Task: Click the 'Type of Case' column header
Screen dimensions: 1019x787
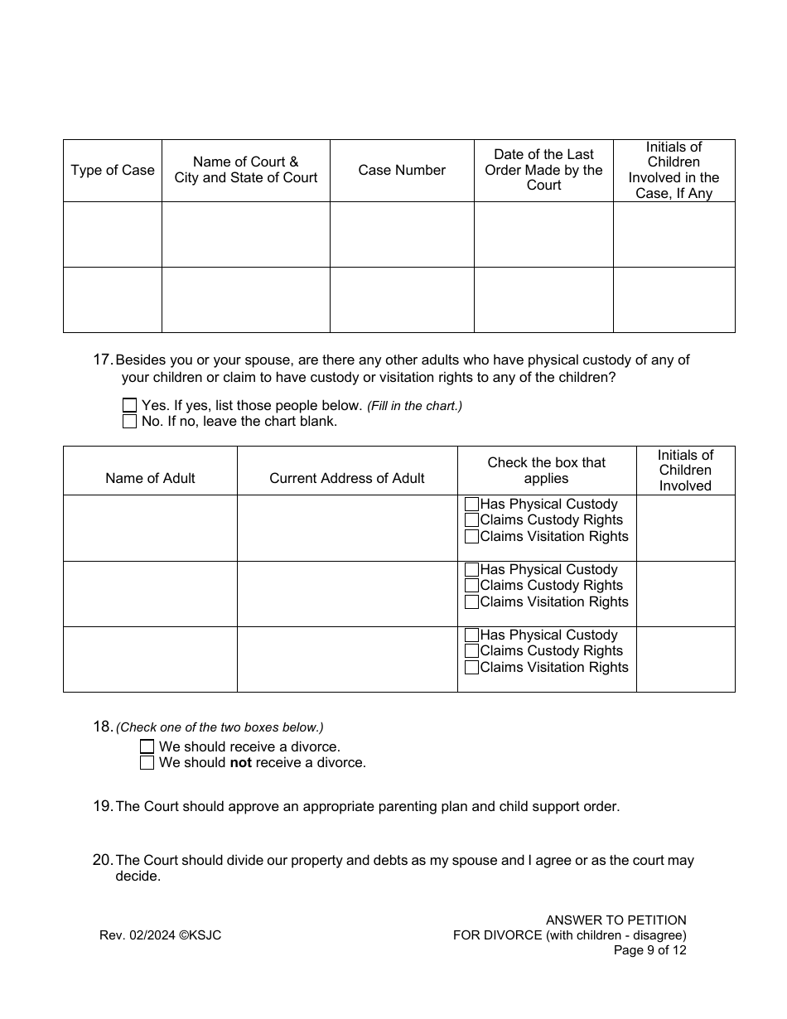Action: tap(113, 170)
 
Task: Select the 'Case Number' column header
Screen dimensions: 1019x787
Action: tap(402, 170)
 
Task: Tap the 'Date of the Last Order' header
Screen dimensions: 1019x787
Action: tap(543, 170)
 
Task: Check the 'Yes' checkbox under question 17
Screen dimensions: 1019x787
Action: tap(129, 406)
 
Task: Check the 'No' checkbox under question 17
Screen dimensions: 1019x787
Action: tap(129, 421)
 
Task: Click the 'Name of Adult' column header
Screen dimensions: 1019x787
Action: tap(150, 478)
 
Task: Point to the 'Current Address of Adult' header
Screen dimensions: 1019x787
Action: tap(346, 478)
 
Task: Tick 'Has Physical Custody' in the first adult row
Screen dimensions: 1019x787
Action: tap(472, 504)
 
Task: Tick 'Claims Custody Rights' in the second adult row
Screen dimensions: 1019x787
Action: tap(472, 586)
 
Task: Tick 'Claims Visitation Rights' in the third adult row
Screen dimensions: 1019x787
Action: tap(472, 667)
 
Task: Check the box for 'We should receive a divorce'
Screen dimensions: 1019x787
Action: tap(147, 746)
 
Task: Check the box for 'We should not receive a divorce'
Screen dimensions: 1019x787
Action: tap(147, 762)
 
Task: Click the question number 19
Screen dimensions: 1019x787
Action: tap(103, 806)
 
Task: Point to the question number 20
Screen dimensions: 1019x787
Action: tap(103, 860)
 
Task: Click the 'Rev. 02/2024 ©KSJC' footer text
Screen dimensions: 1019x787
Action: tap(160, 935)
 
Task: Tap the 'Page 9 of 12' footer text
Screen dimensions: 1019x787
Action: tap(649, 950)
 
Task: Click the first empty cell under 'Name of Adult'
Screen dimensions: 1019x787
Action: tap(150, 528)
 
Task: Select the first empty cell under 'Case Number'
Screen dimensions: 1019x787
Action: tap(402, 234)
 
